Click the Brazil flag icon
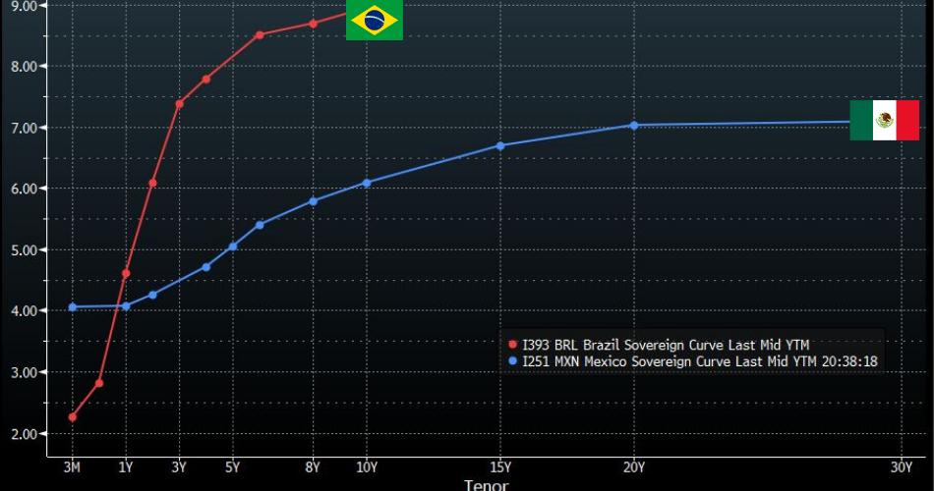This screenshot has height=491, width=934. [374, 21]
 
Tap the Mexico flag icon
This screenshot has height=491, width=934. [884, 120]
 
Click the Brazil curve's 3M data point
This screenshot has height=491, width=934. [73, 417]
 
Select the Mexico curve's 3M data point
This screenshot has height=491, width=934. [73, 307]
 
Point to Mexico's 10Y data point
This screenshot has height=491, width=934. [367, 183]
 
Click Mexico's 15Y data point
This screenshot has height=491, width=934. [500, 145]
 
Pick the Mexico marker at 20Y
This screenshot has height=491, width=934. [634, 126]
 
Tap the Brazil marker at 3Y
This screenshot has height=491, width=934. [179, 103]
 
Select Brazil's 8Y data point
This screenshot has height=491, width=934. [313, 24]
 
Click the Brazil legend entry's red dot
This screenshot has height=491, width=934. [512, 346]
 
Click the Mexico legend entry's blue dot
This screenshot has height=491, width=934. [512, 361]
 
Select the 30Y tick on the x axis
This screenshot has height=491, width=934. [902, 467]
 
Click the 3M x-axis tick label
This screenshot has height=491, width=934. [73, 467]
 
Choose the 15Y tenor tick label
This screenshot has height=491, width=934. [500, 467]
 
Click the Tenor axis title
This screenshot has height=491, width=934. [487, 484]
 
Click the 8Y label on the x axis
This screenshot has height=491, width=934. [313, 467]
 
